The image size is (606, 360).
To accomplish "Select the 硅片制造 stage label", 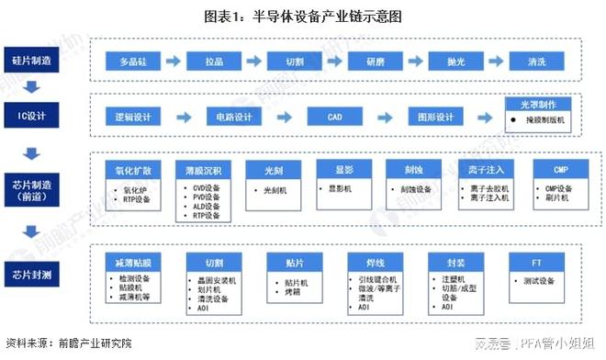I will click(31, 61).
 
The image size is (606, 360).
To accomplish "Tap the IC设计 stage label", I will click(31, 117).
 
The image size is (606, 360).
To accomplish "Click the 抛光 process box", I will click(456, 62).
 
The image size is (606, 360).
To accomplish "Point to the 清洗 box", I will click(537, 62).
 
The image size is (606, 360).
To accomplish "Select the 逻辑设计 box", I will click(134, 118).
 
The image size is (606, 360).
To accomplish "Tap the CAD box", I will click(336, 118).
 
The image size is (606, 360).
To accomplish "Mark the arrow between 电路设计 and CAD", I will click(287, 118).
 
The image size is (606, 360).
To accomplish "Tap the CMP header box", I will click(560, 171).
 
